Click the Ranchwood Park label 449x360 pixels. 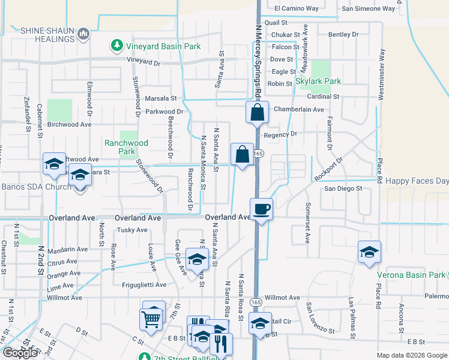pos(126,147)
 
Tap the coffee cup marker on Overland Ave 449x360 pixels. pos(261,210)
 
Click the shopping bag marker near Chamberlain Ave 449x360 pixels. pos(257,112)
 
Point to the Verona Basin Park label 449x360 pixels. pos(411,275)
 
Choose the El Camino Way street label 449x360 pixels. pos(297,8)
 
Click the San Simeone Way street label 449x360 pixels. pos(369,8)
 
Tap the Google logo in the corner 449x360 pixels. pos(20,353)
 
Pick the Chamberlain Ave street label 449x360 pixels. pos(298,109)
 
